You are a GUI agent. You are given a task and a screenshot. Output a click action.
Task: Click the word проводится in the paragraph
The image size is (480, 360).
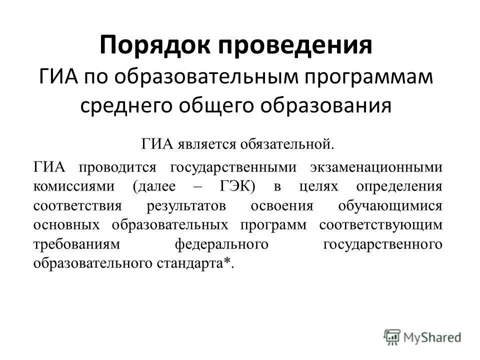pos(116,168)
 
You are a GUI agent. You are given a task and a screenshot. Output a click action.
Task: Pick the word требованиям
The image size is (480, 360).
pos(79,244)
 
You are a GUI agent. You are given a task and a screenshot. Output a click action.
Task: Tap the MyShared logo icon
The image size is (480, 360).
pos(392,337)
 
